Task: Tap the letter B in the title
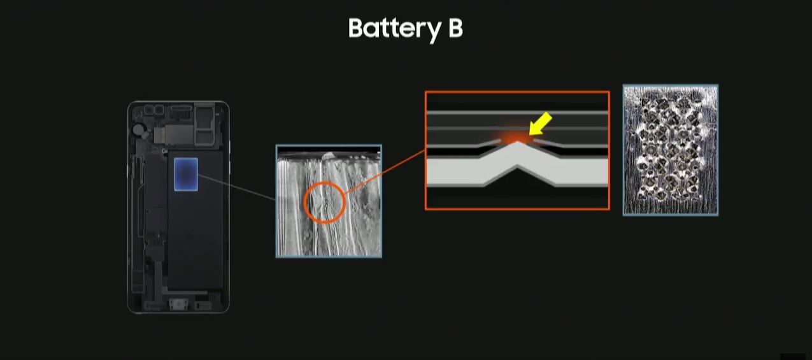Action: tap(455, 28)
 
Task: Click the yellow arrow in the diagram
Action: tap(540, 124)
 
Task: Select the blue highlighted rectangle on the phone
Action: tap(186, 175)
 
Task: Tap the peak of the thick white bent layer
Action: tap(518, 143)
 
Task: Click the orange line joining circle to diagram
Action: tap(384, 172)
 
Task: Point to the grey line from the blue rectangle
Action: tap(237, 187)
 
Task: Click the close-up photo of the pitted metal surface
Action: tap(670, 150)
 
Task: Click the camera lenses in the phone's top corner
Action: tap(155, 109)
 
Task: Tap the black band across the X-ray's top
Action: tap(329, 149)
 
